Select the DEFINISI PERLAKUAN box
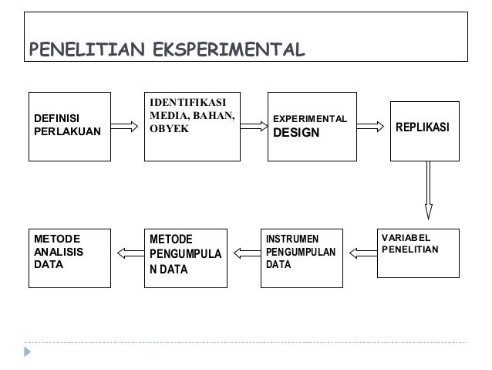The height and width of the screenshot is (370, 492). [x=69, y=126]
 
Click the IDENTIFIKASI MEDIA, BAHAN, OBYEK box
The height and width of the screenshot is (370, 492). [x=192, y=126]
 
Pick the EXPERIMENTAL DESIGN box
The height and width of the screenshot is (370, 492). [x=312, y=126]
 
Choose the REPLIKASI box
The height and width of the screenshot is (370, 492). [x=424, y=131]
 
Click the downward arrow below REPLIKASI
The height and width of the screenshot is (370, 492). [x=428, y=190]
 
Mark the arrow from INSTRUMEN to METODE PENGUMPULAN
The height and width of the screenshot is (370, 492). [x=246, y=251]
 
